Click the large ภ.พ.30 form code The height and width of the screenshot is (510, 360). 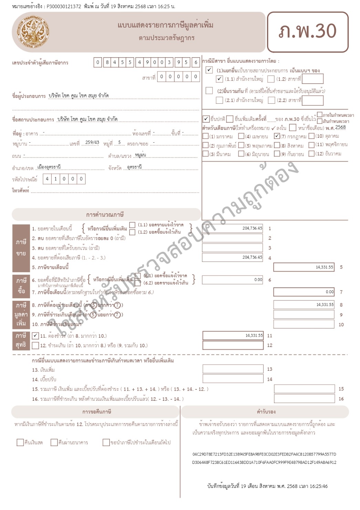click(307, 31)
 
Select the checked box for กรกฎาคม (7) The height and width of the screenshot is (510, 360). click(277, 136)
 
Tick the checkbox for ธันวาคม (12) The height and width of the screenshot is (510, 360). click(311, 154)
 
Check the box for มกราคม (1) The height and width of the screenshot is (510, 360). click(206, 136)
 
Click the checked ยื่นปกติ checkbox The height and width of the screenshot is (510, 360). click(206, 119)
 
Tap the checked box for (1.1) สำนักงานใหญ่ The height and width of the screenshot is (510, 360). click(219, 79)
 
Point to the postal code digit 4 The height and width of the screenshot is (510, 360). click(47, 179)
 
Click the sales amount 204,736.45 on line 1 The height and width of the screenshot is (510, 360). click(252, 228)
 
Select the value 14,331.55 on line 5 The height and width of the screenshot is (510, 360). click(324, 267)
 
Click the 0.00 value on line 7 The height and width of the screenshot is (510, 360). click(329, 292)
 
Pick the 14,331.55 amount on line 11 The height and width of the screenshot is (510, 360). click(254, 335)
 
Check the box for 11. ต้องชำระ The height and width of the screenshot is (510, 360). click(35, 336)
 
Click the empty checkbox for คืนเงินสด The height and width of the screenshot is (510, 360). click(20, 442)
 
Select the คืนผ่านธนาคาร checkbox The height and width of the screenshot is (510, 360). click(54, 442)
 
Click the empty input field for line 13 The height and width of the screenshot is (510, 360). click(233, 369)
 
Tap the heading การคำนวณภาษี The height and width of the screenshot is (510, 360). click(105, 215)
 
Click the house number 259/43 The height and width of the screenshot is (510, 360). click(92, 142)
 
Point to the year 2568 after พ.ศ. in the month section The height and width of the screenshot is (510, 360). click(340, 127)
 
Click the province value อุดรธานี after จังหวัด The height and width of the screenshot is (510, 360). click(134, 167)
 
